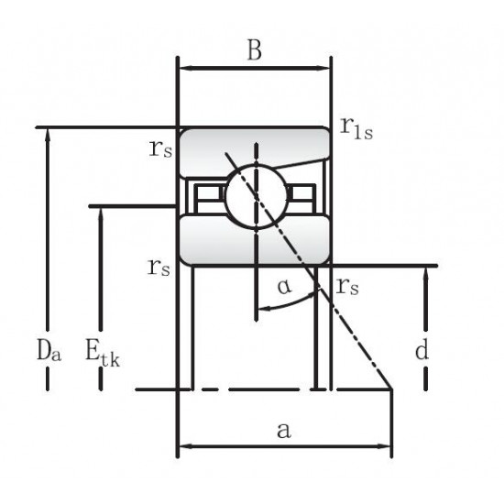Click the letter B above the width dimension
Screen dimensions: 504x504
pyautogui.click(x=254, y=49)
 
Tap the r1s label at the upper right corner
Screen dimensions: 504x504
pyautogui.click(x=356, y=128)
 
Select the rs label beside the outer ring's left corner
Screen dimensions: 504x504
pyautogui.click(x=160, y=148)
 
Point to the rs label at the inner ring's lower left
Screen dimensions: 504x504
pyautogui.click(x=159, y=268)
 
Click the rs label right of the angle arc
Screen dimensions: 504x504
pyautogui.click(x=347, y=287)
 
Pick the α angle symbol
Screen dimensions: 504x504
pyautogui.click(x=285, y=287)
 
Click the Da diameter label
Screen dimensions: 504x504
pyautogui.click(x=49, y=350)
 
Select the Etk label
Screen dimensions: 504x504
pyautogui.click(x=103, y=352)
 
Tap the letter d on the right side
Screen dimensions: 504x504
pyautogui.click(x=422, y=349)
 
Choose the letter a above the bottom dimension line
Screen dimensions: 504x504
pyautogui.click(x=284, y=431)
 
